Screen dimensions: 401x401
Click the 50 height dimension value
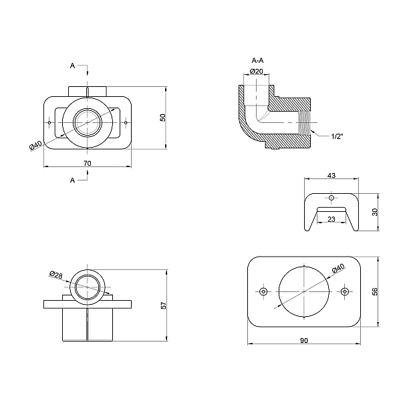click(x=162, y=117)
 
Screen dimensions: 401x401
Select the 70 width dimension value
click(x=88, y=162)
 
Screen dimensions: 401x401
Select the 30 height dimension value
click(x=376, y=212)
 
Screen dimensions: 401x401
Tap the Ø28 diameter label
click(x=56, y=275)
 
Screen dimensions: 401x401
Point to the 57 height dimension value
click(x=163, y=305)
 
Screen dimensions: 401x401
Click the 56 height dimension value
click(x=376, y=291)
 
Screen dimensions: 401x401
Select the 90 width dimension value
click(x=304, y=341)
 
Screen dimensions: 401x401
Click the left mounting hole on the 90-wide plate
click(x=264, y=292)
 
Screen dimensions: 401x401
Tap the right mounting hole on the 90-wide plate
click(x=344, y=292)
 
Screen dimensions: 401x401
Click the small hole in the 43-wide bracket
click(x=331, y=198)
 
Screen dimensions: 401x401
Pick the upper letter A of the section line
click(x=73, y=65)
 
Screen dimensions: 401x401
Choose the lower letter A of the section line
click(x=73, y=180)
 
